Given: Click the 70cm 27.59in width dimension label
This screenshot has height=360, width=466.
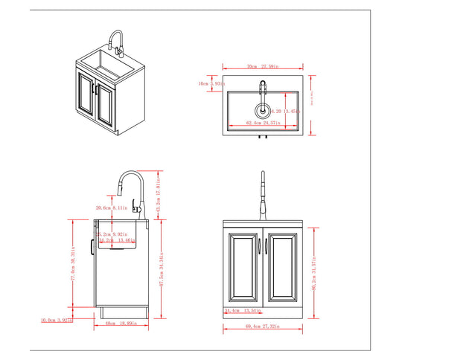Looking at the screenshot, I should (x=261, y=66).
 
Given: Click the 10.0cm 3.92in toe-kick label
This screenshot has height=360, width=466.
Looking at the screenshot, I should (x=57, y=321).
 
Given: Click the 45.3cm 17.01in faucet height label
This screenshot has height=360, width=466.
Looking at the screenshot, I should (x=159, y=195).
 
